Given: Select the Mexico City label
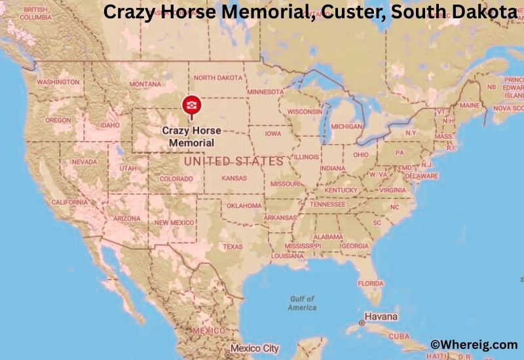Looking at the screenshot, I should (x=254, y=348).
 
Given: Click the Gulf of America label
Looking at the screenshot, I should (x=302, y=303).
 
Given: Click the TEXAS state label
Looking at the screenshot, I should (x=233, y=247).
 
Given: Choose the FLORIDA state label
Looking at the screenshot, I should (x=370, y=283).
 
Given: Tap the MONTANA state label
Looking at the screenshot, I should (x=145, y=84).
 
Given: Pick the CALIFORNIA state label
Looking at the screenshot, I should (x=69, y=202).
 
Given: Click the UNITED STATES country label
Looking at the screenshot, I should (x=234, y=161).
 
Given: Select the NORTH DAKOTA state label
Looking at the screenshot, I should (x=218, y=77).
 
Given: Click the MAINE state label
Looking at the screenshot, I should (x=469, y=105).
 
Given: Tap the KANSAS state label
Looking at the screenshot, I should (x=234, y=178).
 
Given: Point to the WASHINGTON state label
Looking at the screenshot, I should (x=58, y=82).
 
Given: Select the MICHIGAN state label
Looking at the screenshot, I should (x=346, y=126).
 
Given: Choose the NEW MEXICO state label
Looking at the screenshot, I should (x=174, y=223).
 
